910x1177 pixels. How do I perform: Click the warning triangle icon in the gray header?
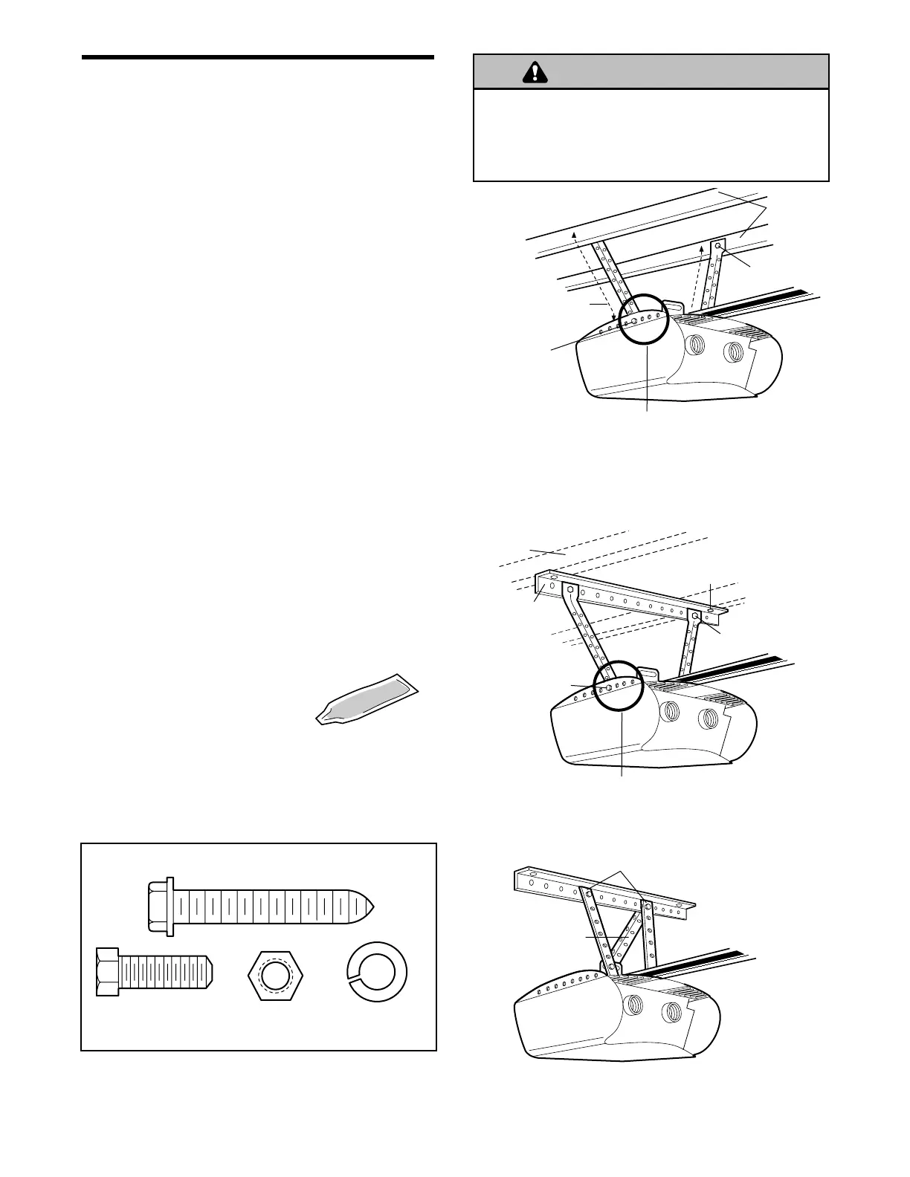click(534, 72)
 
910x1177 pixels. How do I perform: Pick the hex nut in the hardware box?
click(277, 972)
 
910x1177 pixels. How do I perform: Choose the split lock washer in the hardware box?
click(378, 970)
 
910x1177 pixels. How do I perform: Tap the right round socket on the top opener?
click(733, 350)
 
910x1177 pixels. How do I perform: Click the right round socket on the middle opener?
click(708, 718)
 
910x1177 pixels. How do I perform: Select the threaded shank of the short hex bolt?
click(167, 972)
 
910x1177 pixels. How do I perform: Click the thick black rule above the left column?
click(257, 57)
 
